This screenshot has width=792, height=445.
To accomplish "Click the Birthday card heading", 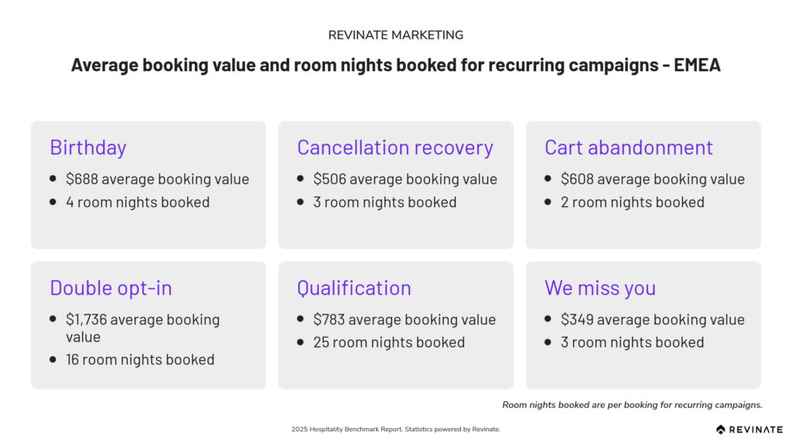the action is (x=88, y=148).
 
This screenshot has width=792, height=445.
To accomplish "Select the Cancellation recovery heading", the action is (x=395, y=148).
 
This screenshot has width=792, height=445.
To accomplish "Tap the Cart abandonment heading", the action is (x=628, y=148).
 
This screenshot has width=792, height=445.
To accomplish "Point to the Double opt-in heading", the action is (x=111, y=288).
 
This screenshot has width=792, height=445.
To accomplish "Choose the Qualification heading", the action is (x=354, y=288).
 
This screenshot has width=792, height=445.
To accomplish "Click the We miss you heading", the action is (x=600, y=288).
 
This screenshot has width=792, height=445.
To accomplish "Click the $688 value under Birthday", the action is (x=82, y=179).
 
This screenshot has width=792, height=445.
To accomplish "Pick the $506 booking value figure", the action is (x=329, y=179).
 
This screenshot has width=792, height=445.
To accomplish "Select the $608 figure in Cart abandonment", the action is (x=577, y=179).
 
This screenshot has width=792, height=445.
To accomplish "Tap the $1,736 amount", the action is (x=87, y=319).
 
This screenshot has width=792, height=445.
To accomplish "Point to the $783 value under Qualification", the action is (x=329, y=319).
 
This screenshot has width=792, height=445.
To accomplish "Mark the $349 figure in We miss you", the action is (x=577, y=319).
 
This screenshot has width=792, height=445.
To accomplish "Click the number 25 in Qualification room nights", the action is (x=321, y=342).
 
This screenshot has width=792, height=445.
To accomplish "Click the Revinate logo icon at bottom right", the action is (x=721, y=430).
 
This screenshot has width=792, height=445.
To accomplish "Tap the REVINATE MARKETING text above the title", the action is (x=395, y=35).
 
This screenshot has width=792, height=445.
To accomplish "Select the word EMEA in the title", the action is (x=697, y=65).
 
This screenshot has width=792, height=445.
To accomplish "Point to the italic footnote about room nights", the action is (x=632, y=405).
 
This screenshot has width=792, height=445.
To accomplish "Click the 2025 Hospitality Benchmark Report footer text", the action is (x=395, y=430).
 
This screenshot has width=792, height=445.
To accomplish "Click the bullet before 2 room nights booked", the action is (x=548, y=202).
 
